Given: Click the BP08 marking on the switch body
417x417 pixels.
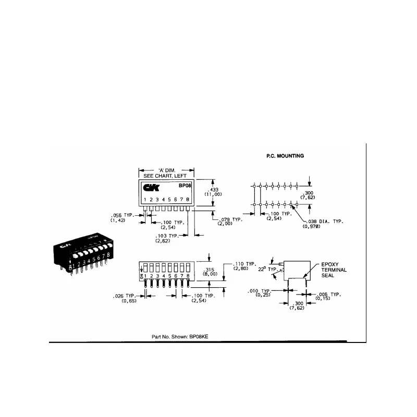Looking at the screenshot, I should click(186, 186).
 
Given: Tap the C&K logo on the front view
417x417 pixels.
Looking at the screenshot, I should click(151, 187).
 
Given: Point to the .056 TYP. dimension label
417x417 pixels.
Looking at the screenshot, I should click(122, 215).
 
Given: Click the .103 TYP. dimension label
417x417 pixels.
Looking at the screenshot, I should click(167, 236).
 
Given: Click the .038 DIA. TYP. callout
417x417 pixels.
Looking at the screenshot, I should click(325, 222).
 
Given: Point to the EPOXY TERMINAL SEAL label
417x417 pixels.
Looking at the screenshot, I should click(334, 269).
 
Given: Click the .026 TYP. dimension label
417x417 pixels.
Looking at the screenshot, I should click(125, 296).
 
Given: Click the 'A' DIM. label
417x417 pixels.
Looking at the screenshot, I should click(167, 170).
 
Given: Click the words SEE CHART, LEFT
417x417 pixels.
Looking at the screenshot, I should click(167, 176).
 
